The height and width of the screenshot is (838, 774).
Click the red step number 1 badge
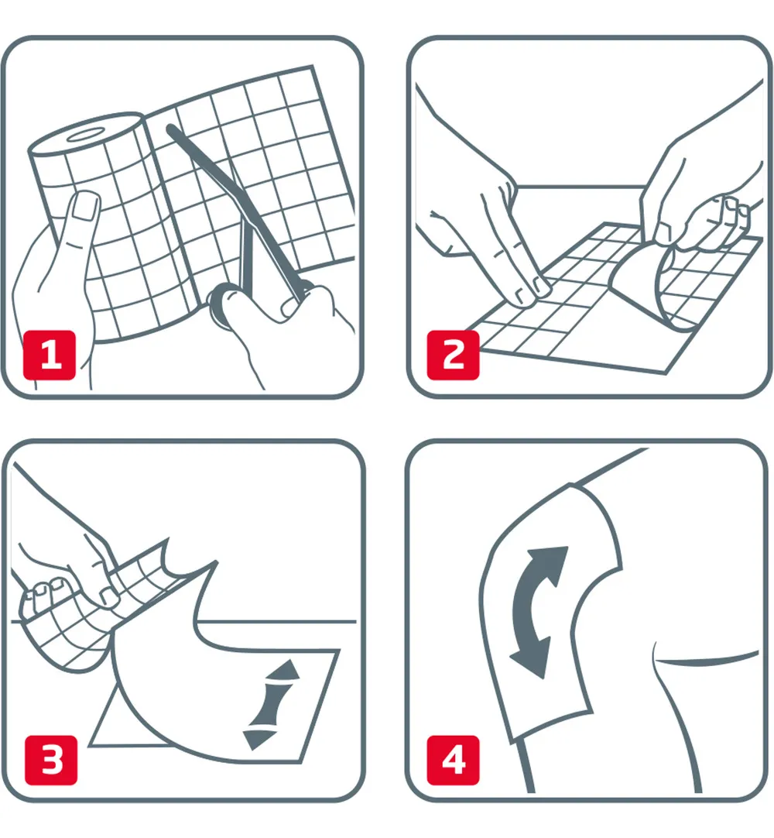pyautogui.click(x=51, y=355)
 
